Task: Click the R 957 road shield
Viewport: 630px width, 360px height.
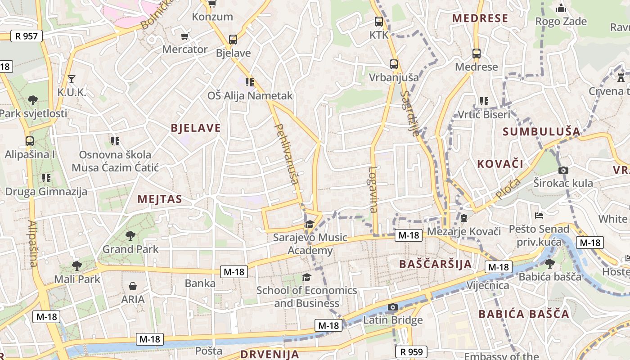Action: (27, 36)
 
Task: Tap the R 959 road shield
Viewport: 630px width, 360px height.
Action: (411, 352)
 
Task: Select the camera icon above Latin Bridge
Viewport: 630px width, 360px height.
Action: (393, 307)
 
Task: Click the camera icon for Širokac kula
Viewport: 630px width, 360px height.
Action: (563, 170)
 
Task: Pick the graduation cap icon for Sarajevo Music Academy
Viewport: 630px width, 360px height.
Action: (310, 224)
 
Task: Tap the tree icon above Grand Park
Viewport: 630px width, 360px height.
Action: (130, 235)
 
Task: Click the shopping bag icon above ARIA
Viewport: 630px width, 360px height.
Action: (133, 286)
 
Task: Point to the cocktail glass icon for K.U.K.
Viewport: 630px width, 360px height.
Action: (71, 80)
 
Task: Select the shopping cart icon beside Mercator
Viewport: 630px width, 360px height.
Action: (184, 36)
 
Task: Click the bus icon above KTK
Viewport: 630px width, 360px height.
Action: (379, 21)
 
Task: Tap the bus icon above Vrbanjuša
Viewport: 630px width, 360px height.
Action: (394, 64)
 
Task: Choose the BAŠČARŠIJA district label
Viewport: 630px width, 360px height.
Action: (435, 264)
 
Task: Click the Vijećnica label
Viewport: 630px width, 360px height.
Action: (488, 285)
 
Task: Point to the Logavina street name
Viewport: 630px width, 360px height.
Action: (373, 189)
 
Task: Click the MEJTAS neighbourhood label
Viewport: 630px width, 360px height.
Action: (160, 199)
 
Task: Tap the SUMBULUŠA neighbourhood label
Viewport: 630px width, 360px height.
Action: (541, 132)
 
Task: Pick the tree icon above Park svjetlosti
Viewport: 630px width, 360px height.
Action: (32, 100)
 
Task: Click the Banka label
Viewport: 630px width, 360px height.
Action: (200, 283)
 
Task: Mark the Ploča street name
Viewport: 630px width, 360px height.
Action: (508, 189)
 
